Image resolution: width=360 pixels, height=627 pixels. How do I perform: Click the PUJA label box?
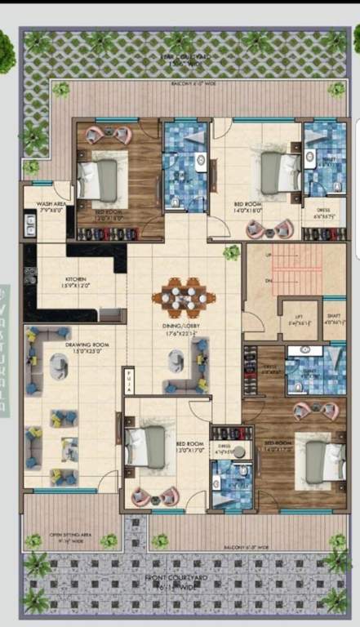pos(129,381)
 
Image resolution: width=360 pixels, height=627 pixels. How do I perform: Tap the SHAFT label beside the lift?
pos(334,320)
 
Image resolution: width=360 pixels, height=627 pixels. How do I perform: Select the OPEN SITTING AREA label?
pos(66,537)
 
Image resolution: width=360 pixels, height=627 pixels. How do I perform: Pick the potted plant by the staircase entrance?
pos(232,253)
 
